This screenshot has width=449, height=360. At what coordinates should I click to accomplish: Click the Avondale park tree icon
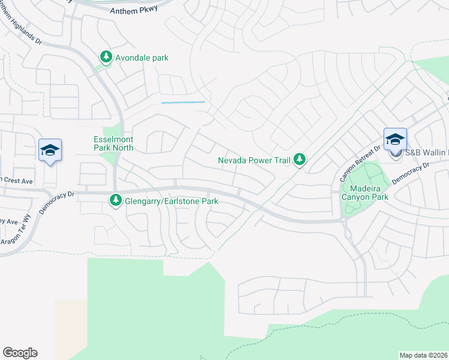click(106, 58)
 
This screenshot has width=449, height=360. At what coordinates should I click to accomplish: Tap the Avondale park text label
click(143, 58)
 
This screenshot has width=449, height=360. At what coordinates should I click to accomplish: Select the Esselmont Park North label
click(113, 143)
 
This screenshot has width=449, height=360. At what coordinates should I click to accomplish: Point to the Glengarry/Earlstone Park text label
click(171, 202)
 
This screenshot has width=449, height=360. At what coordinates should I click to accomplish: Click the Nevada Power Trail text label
click(255, 160)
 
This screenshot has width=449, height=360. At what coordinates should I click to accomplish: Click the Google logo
click(20, 353)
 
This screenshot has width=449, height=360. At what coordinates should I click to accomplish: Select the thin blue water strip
click(183, 103)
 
